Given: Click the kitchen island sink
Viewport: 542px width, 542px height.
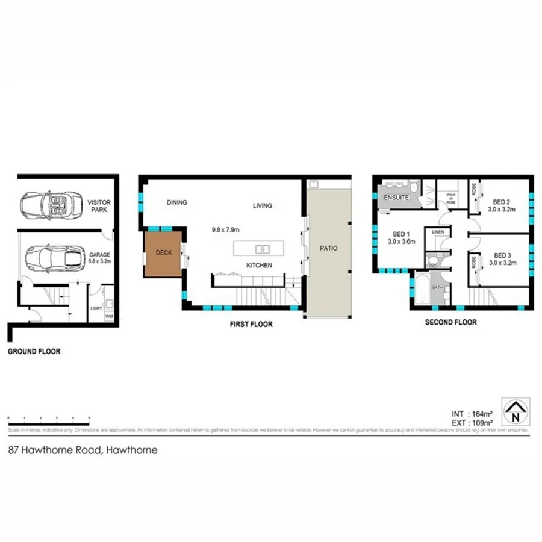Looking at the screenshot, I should click(263, 248).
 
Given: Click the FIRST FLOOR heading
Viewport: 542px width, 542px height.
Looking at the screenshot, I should click(251, 325).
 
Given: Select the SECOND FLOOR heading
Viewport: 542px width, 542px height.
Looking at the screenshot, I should click(450, 322).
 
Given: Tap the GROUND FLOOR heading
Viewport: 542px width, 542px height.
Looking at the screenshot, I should click(34, 351).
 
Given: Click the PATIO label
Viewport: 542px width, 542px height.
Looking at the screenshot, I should click(328, 248).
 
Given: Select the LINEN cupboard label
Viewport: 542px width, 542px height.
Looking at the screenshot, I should click(438, 232).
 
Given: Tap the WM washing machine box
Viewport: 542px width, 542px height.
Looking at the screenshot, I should click(109, 316).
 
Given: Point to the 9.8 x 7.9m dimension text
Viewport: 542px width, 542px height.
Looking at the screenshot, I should click(226, 229).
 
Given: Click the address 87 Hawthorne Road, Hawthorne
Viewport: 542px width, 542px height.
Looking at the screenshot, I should click(83, 449).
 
